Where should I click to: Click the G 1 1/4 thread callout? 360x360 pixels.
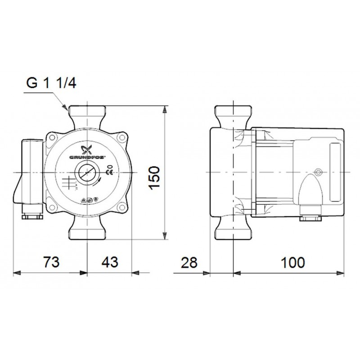tap(51, 83)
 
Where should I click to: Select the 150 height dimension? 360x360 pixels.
tap(154, 177)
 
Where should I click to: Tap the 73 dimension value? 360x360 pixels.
tap(51, 262)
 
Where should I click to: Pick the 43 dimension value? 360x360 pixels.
tap(110, 262)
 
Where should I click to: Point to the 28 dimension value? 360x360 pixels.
tap(189, 263)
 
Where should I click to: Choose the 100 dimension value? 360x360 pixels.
tap(293, 263)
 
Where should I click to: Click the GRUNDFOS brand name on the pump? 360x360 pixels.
tap(87, 157)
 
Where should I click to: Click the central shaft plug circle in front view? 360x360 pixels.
tap(87, 173)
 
